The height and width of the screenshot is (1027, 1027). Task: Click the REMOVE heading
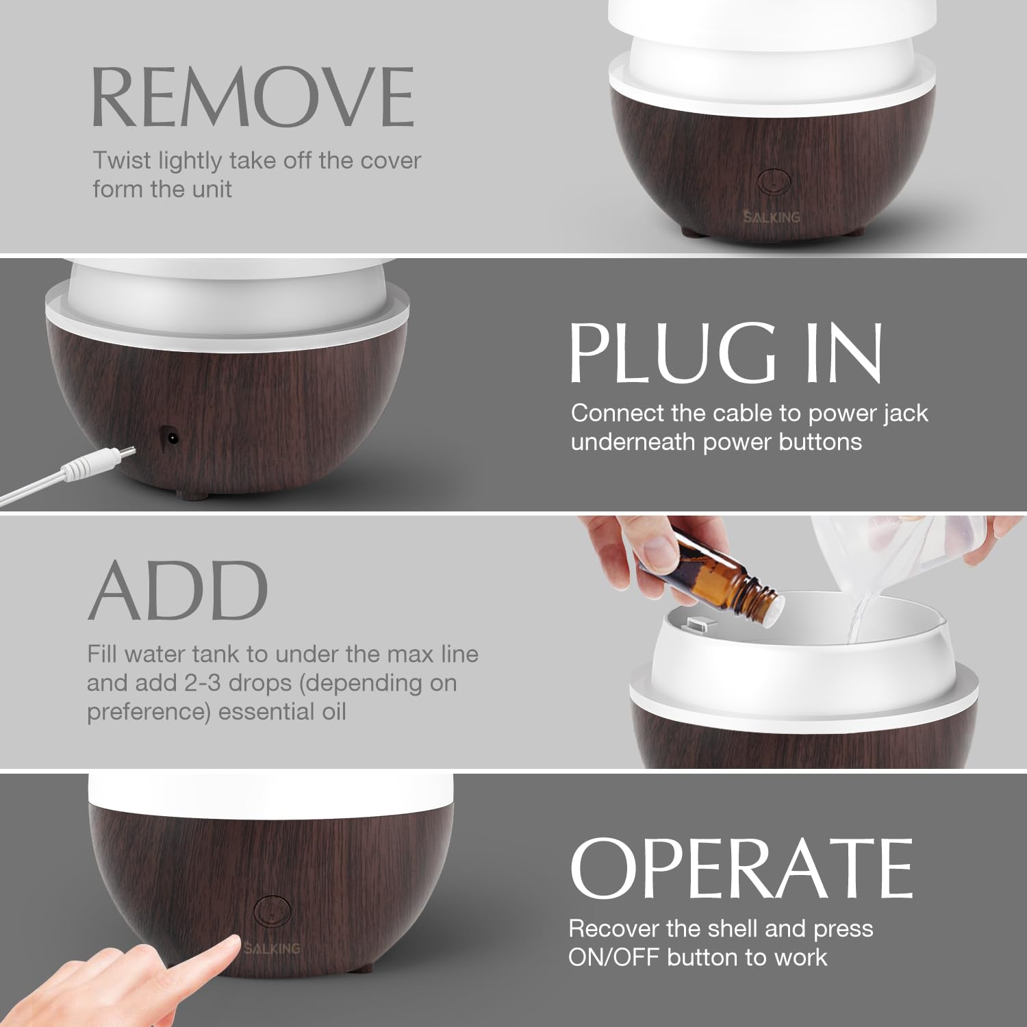pos(253,97)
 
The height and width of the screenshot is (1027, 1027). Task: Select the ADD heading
pos(178,590)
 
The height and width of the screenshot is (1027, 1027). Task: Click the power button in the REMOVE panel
pos(774,181)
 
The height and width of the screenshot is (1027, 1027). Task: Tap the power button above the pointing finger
pos(272,911)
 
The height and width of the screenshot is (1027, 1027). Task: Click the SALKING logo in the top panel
pos(772,217)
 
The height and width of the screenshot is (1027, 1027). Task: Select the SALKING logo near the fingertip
pos(272,948)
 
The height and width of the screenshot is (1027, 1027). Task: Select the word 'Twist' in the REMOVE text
pos(122,160)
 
